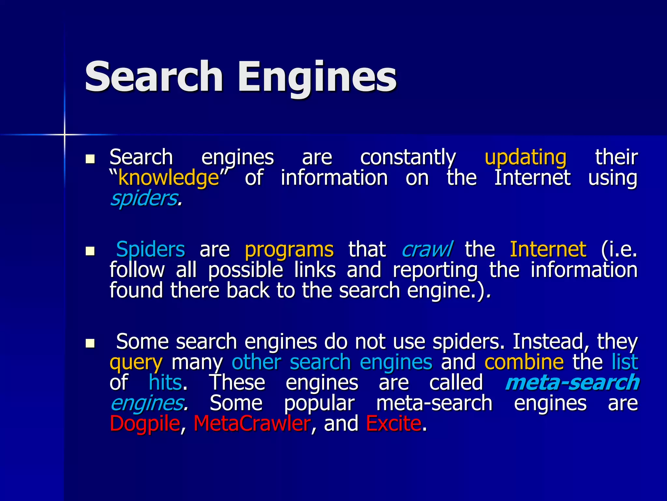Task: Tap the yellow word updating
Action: tap(525, 157)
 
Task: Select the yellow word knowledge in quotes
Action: tap(168, 178)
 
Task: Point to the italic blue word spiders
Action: tap(144, 198)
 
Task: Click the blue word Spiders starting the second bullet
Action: tap(150, 250)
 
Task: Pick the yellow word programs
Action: tap(289, 250)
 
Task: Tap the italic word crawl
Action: tap(427, 250)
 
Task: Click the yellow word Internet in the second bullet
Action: tap(548, 250)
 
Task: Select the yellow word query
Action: tap(136, 363)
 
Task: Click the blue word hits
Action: tap(165, 382)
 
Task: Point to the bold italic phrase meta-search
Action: tap(572, 383)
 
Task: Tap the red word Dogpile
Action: tap(145, 423)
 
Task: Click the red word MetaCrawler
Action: tap(252, 423)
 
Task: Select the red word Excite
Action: tap(393, 423)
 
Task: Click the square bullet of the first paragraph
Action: tap(90, 159)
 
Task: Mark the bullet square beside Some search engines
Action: tap(90, 343)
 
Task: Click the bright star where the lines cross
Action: tap(64, 134)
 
